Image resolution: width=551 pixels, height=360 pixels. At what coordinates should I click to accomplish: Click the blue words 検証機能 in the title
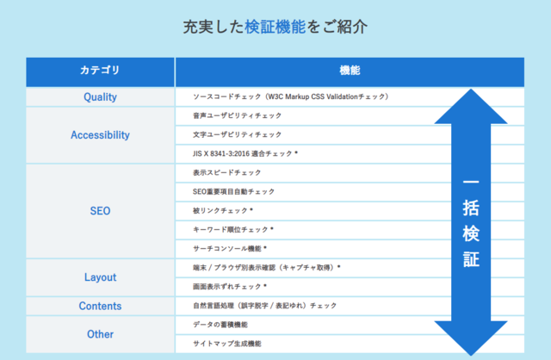[275, 27]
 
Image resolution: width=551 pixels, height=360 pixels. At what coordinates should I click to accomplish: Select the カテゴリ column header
[100, 70]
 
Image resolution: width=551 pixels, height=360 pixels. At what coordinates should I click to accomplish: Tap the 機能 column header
[350, 71]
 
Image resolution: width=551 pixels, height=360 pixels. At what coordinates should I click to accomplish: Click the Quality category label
[100, 97]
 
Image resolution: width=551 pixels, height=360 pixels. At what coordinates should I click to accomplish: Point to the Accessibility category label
[100, 135]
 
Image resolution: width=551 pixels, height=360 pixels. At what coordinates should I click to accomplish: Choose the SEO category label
[100, 211]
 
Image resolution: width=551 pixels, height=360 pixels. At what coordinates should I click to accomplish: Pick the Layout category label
[100, 277]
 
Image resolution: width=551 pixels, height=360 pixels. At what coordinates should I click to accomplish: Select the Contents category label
[100, 306]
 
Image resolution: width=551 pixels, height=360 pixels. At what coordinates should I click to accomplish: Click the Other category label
[100, 334]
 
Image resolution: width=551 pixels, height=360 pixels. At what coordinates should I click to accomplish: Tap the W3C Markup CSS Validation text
[313, 96]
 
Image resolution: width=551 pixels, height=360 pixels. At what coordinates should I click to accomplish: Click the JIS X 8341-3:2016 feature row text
[245, 153]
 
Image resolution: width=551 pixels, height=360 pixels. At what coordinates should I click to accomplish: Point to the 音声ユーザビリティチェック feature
[238, 115]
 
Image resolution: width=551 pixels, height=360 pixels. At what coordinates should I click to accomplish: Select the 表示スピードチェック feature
[227, 172]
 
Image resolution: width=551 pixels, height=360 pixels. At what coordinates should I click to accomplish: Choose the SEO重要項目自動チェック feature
[233, 191]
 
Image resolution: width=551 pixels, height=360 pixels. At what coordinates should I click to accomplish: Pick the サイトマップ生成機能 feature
[227, 344]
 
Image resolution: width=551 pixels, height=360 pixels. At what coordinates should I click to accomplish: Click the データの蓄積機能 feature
[220, 325]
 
